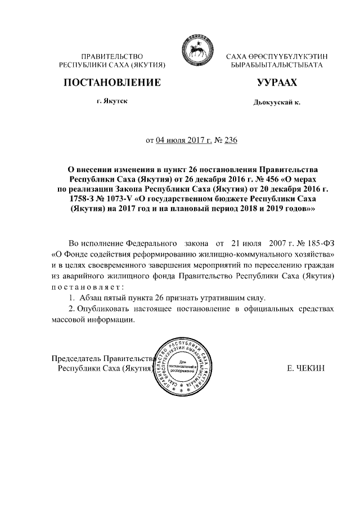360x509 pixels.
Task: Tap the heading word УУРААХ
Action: click(276, 83)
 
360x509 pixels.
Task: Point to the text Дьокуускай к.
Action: click(277, 104)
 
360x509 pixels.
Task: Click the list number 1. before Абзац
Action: click(71, 297)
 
